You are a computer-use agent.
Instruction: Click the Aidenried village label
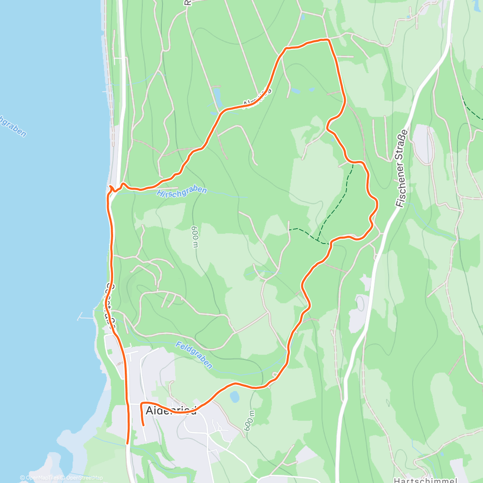171,411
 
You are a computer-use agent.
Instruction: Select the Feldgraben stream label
194,355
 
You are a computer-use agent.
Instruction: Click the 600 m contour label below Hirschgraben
195,237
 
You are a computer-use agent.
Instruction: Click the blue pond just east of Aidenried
234,397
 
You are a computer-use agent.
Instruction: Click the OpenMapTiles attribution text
42,478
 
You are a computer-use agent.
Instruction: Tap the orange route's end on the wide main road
128,443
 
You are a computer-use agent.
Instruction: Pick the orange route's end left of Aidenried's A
143,425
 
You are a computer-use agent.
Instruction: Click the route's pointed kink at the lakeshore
110,186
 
